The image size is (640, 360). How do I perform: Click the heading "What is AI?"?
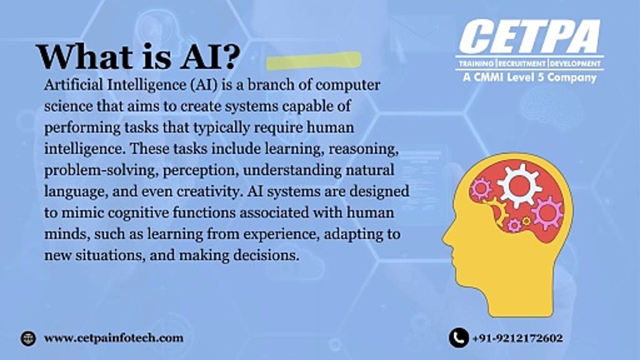(138, 57)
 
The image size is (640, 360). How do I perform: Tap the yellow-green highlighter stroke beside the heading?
(313, 61)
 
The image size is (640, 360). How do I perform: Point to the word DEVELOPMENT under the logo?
(575, 63)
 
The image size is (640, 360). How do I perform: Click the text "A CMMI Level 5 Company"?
(529, 78)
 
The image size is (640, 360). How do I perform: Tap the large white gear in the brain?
(519, 185)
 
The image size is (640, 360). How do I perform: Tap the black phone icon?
(459, 338)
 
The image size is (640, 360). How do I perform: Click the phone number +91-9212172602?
(518, 338)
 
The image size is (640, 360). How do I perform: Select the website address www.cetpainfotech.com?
(114, 338)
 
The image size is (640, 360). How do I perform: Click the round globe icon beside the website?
(28, 338)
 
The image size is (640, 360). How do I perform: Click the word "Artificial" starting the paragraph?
(73, 85)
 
